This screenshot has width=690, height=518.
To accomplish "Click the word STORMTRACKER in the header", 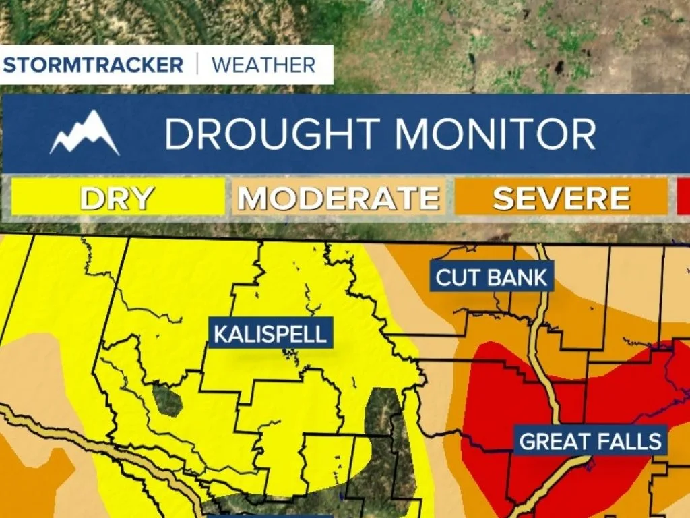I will [x=93, y=65].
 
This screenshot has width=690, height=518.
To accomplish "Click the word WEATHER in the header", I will [x=263, y=65].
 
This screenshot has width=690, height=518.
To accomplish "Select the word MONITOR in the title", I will [x=495, y=134].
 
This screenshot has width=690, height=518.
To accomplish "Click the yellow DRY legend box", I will [x=117, y=198].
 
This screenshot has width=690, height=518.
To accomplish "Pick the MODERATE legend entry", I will [x=339, y=198].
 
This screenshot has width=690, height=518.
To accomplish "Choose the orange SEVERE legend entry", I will [x=561, y=198].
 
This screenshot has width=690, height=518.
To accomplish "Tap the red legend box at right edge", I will [x=683, y=198].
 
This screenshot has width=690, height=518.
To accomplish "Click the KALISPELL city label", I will [x=271, y=333].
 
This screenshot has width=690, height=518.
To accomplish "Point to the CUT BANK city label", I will [x=492, y=277].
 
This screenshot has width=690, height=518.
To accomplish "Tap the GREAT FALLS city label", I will [x=590, y=441].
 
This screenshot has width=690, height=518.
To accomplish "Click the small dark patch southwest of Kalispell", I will [x=167, y=399].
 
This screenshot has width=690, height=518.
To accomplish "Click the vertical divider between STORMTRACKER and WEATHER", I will [x=197, y=65].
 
